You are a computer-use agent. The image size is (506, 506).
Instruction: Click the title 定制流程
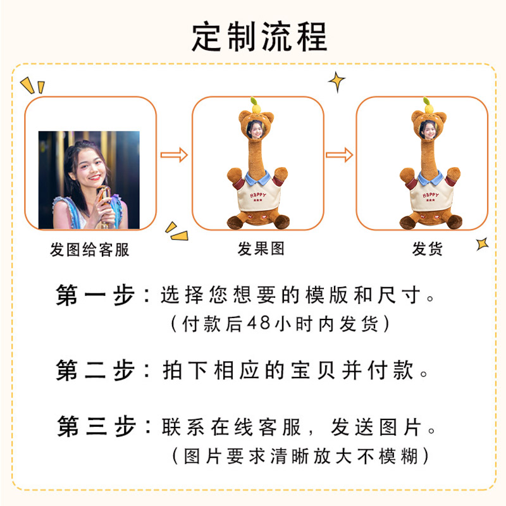259,37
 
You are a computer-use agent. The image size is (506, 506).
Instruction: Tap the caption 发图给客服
90,249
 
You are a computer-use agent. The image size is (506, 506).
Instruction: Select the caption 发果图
261,249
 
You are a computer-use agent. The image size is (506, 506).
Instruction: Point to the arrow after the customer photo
174,154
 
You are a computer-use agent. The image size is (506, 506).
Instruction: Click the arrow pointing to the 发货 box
340,154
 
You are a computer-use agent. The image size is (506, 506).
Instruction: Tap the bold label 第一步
95,295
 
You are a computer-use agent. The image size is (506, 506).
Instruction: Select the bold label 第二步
95,370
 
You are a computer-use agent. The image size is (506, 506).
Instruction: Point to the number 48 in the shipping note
259,324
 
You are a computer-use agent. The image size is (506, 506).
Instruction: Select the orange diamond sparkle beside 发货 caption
482,244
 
